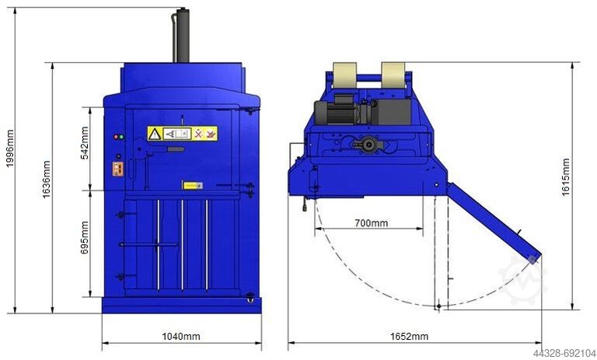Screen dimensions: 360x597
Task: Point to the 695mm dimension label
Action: [86, 236]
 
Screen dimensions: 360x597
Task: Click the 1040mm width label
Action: [181, 337]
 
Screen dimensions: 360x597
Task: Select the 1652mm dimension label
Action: [409, 337]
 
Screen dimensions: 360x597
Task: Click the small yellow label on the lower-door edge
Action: [191, 185]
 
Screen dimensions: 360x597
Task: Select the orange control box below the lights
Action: [119, 166]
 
